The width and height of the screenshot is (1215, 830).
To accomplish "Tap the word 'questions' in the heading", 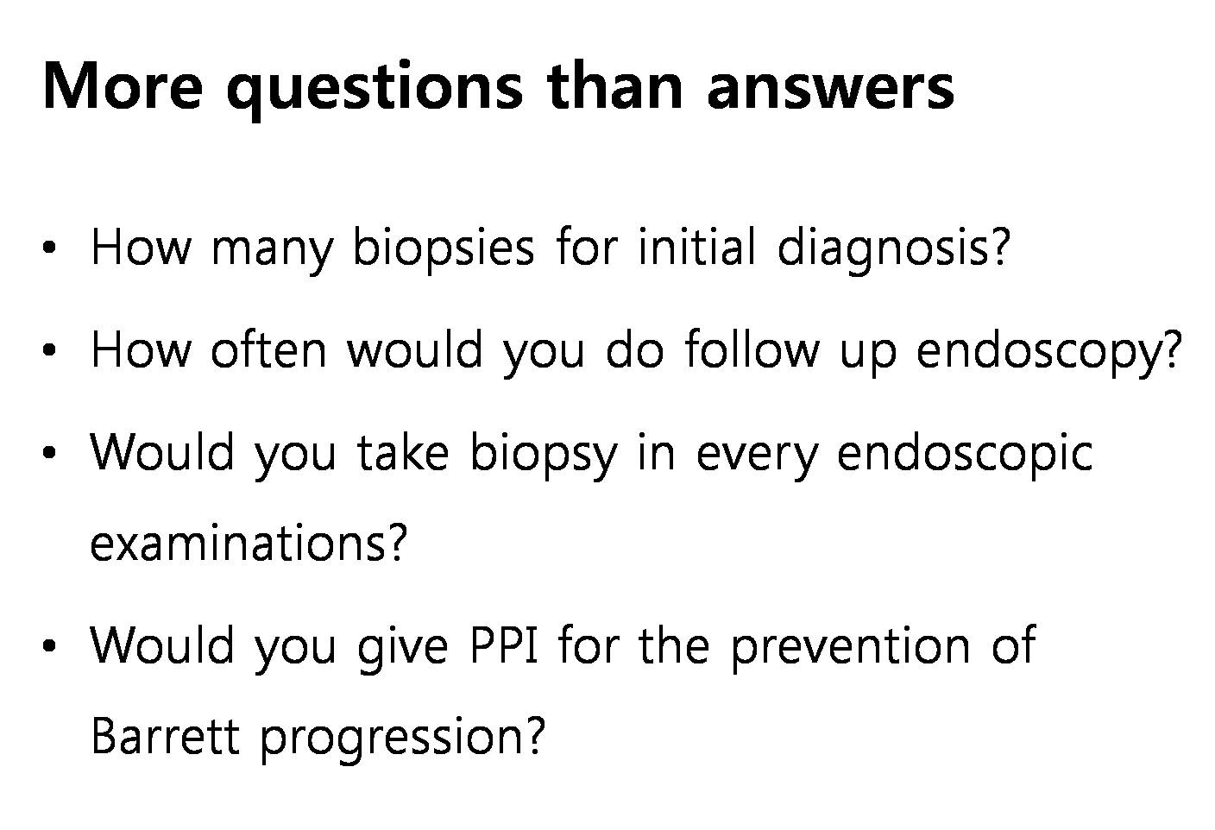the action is click(x=374, y=91).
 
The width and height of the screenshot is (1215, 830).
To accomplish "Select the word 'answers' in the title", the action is click(x=830, y=88).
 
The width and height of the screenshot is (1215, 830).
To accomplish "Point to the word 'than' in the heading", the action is click(x=614, y=85).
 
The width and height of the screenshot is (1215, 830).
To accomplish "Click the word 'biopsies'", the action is click(x=444, y=248).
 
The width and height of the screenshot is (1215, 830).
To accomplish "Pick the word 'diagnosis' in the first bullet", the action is click(x=893, y=248).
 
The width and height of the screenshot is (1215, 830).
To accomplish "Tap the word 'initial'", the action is click(x=696, y=246).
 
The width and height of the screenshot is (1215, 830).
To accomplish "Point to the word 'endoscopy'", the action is click(x=1048, y=351).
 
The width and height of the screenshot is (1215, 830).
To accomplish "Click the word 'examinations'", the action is click(x=248, y=543).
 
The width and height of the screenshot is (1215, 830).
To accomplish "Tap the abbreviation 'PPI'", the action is click(x=504, y=645).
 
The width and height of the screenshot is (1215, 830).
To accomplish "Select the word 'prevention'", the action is click(x=850, y=648).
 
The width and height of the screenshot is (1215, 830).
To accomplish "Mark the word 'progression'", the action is click(x=402, y=739).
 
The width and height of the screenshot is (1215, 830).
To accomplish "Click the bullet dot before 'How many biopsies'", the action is click(x=49, y=248).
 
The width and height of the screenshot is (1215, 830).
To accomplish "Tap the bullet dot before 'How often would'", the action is click(x=49, y=349).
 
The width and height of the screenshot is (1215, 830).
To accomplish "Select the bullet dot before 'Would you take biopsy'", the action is click(x=49, y=452).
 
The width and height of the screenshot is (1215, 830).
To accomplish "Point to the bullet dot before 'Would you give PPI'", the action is click(x=49, y=645).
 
